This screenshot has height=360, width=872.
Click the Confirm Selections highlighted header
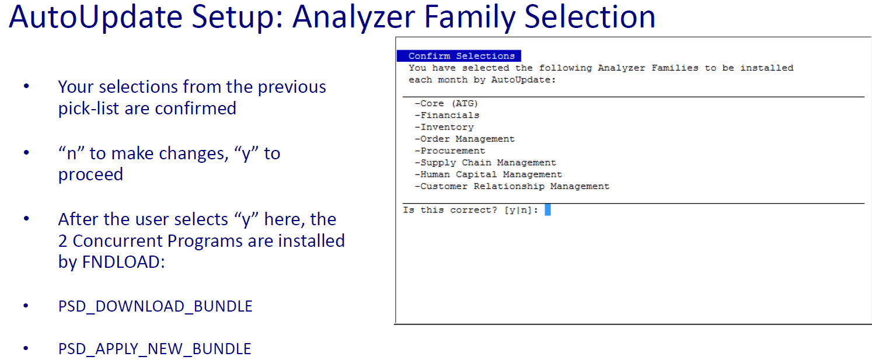[x=459, y=56]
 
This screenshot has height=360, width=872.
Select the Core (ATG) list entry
[x=446, y=103]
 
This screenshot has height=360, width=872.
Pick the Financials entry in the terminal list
[x=447, y=115]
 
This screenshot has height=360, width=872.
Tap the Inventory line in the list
[x=444, y=127]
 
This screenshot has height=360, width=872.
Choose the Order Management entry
[x=465, y=139]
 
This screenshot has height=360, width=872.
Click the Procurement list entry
[x=449, y=151]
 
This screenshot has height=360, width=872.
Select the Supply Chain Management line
[x=486, y=163]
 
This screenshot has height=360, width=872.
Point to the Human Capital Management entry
[x=488, y=174]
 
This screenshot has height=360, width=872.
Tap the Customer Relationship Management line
[x=512, y=187]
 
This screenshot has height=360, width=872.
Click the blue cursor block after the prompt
[x=547, y=210]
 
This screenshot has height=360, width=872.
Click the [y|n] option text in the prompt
[x=518, y=210]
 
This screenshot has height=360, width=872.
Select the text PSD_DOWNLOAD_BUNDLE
[x=155, y=307]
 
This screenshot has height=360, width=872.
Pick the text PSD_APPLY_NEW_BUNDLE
[x=155, y=349]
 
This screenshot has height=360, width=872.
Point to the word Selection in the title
[x=590, y=17]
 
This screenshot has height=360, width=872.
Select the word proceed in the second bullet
[x=90, y=175]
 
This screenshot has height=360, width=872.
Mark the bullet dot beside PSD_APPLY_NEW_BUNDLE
[x=26, y=348]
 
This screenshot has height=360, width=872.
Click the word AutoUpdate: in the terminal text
[x=524, y=80]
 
